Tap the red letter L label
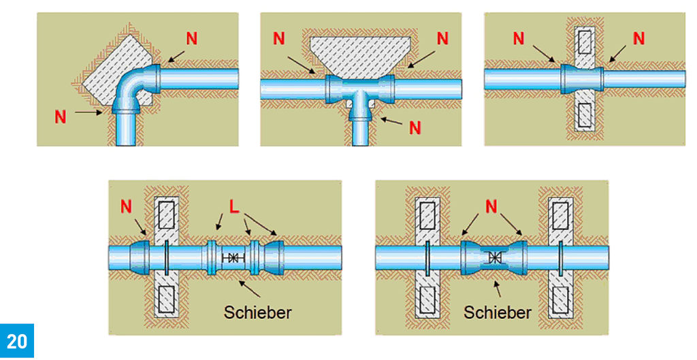[x=233, y=206]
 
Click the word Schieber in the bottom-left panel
[x=258, y=313]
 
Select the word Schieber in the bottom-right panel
[x=497, y=313]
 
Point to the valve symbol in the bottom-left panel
[x=233, y=258]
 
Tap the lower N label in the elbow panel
[x=61, y=117]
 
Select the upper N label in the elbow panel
[x=191, y=38]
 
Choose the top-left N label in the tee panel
[x=279, y=39]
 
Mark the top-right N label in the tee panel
[x=443, y=39]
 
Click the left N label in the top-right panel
[x=519, y=39]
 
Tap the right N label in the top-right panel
[x=638, y=39]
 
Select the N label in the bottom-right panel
[x=495, y=205]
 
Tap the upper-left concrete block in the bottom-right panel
[x=428, y=217]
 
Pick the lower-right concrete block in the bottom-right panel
[x=562, y=299]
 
